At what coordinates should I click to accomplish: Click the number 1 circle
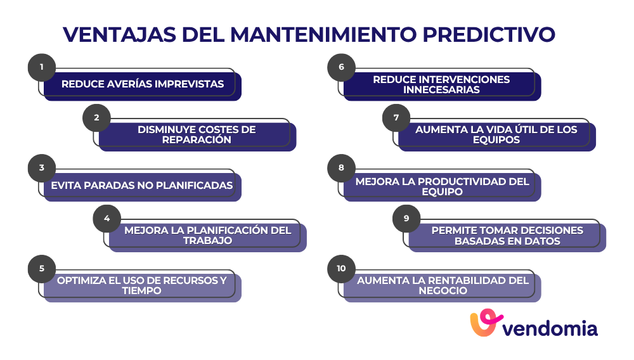point(42,67)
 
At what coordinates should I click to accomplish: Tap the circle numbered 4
point(107,219)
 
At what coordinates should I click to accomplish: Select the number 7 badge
point(396,118)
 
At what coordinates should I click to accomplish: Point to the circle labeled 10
point(342,269)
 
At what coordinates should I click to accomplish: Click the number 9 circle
point(406,219)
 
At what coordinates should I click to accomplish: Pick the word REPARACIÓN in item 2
point(197,139)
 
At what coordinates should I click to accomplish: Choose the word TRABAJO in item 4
point(207,241)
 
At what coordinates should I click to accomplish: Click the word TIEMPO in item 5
point(142,291)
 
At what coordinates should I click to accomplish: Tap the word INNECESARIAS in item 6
point(441,89)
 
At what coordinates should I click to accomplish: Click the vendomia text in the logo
point(550,328)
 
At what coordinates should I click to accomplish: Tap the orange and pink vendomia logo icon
point(486,324)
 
